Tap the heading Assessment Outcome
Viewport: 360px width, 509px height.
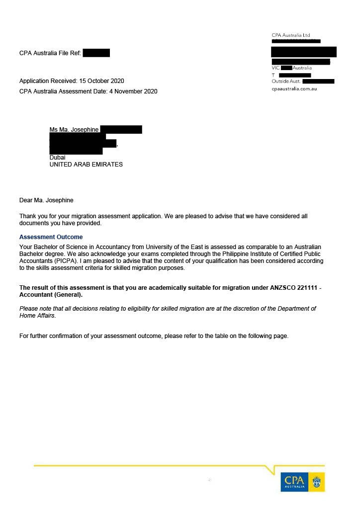(51, 237)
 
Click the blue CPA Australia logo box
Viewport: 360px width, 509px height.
(294, 482)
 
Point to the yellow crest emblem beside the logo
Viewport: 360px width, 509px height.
(317, 482)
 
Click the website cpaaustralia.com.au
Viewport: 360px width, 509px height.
(294, 88)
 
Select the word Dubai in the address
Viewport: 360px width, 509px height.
(58, 158)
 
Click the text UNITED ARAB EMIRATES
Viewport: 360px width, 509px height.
(86, 165)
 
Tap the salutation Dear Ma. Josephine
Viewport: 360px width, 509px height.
(46, 200)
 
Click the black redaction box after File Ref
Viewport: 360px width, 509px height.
(96, 53)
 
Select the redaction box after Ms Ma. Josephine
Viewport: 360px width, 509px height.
(121, 130)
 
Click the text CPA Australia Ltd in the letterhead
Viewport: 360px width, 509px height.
(291, 35)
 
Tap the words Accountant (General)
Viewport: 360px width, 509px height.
(51, 295)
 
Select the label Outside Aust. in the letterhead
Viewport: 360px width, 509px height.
(286, 81)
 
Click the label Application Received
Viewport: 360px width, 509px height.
(48, 81)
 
